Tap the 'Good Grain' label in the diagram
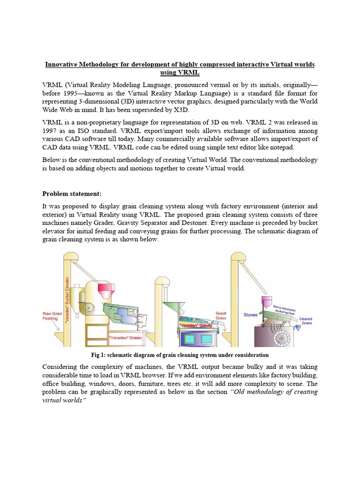point(221,315)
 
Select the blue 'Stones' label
point(250,315)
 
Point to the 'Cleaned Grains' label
point(307,321)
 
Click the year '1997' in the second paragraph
point(52,131)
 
